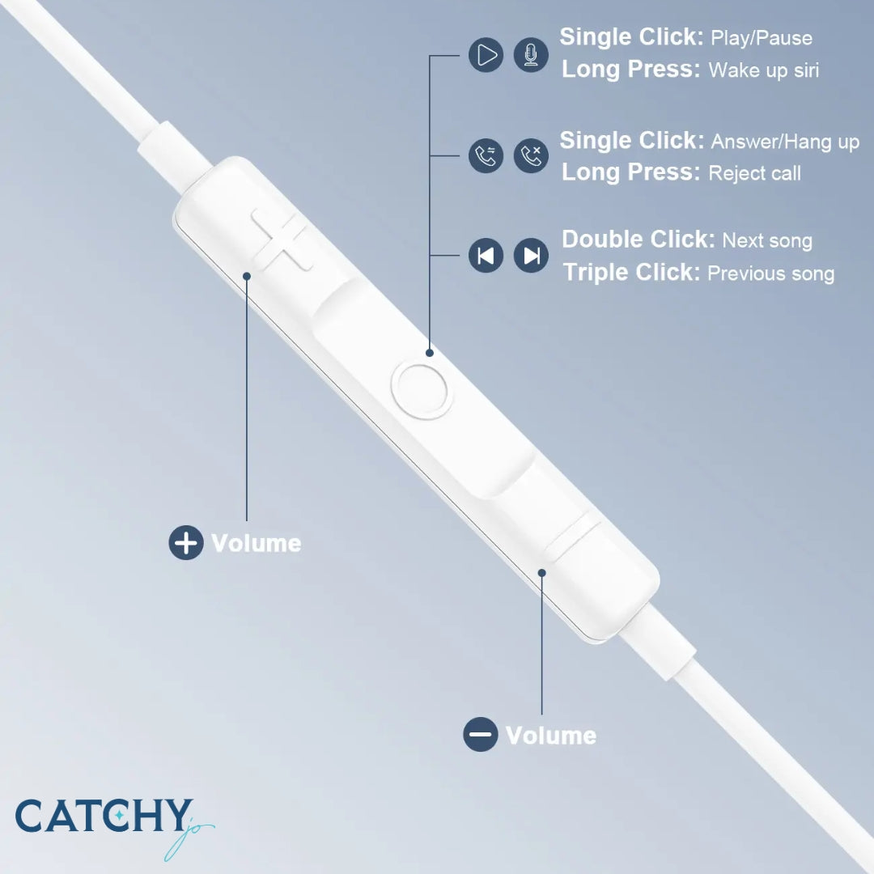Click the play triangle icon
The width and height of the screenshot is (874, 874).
coord(486,55)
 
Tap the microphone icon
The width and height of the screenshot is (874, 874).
coord(531,55)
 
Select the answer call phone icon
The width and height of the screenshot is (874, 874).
coord(486,155)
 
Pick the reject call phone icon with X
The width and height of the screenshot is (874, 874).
coord(531,155)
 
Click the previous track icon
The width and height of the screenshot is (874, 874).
coord(486,256)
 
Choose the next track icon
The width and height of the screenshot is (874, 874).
coord(531,256)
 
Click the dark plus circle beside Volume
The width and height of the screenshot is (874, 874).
coord(186,542)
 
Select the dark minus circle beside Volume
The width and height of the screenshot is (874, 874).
coord(481,735)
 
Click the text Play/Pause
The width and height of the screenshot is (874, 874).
coord(761,38)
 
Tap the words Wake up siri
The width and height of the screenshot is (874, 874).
coord(763,70)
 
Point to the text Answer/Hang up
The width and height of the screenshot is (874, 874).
coord(784,142)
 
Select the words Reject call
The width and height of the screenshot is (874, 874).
coord(754,173)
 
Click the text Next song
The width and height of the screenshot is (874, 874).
coord(766,240)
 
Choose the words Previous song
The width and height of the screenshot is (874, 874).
coord(770,274)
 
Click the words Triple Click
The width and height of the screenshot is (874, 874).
coord(631,273)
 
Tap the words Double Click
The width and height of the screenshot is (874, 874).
coord(638,240)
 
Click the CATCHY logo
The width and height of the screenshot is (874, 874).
coord(105,817)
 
